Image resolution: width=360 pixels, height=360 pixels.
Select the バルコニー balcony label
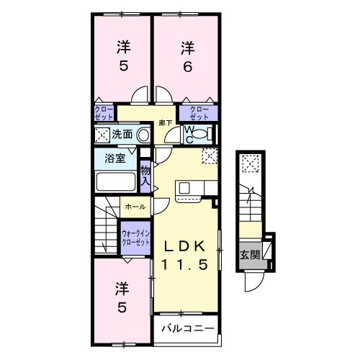(x=187, y=328)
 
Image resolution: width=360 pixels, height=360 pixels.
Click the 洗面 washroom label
(x=122, y=134)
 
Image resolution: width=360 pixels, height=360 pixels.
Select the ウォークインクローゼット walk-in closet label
(x=135, y=238)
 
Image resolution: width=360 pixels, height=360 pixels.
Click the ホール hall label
(x=135, y=207)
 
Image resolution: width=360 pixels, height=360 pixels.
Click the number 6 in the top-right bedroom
(x=187, y=68)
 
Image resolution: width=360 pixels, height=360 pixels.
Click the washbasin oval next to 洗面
(x=143, y=134)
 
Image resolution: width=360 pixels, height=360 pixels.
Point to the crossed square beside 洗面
(x=101, y=134)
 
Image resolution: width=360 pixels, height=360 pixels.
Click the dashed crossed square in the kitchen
(x=209, y=156)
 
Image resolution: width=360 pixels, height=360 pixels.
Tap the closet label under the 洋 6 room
(x=199, y=112)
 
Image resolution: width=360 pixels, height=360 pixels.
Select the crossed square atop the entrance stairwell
(x=249, y=164)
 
